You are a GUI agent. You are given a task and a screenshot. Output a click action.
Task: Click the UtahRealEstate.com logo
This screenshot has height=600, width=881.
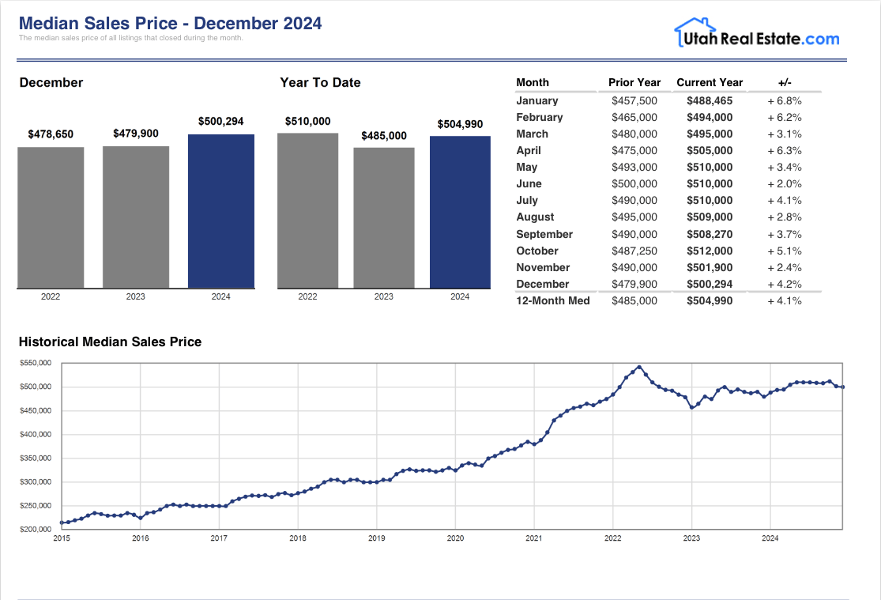[756, 34]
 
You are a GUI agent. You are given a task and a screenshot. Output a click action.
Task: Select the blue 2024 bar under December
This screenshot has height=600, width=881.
[221, 211]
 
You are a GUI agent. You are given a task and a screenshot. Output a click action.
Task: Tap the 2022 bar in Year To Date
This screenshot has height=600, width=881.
[307, 210]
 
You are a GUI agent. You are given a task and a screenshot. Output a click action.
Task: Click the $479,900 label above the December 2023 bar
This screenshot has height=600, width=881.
[136, 134]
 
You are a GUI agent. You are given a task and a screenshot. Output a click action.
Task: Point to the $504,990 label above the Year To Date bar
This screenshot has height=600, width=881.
[460, 124]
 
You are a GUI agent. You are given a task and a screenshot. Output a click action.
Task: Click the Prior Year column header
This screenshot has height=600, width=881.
[634, 82]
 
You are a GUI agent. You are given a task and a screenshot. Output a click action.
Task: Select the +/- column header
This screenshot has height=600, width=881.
[785, 82]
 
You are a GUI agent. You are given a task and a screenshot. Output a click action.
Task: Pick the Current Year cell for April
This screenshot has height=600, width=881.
[710, 150]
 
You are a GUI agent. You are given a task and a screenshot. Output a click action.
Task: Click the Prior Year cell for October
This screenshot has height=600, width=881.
[634, 251]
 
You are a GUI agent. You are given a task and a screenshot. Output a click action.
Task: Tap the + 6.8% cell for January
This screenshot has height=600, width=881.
[785, 100]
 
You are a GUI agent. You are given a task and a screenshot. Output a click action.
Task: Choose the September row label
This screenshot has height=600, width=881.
[544, 234]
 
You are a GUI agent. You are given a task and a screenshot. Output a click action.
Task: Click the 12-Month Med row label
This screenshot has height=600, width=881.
[553, 300]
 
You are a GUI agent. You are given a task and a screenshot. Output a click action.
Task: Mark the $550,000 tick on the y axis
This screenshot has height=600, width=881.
[36, 363]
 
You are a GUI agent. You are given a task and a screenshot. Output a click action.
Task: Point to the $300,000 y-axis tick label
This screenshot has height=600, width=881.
[36, 481]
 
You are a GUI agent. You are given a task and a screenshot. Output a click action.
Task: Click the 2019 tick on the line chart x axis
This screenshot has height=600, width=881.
[377, 538]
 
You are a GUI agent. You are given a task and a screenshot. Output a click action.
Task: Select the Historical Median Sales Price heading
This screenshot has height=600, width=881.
[110, 342]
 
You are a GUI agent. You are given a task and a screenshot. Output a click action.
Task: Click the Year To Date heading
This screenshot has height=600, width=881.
[320, 82]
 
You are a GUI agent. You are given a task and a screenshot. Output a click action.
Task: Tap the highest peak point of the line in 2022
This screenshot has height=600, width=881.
[638, 367]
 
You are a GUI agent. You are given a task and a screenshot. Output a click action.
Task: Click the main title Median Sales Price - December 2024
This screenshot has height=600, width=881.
[170, 23]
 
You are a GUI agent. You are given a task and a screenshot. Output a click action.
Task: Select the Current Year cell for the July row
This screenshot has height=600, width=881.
[710, 200]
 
